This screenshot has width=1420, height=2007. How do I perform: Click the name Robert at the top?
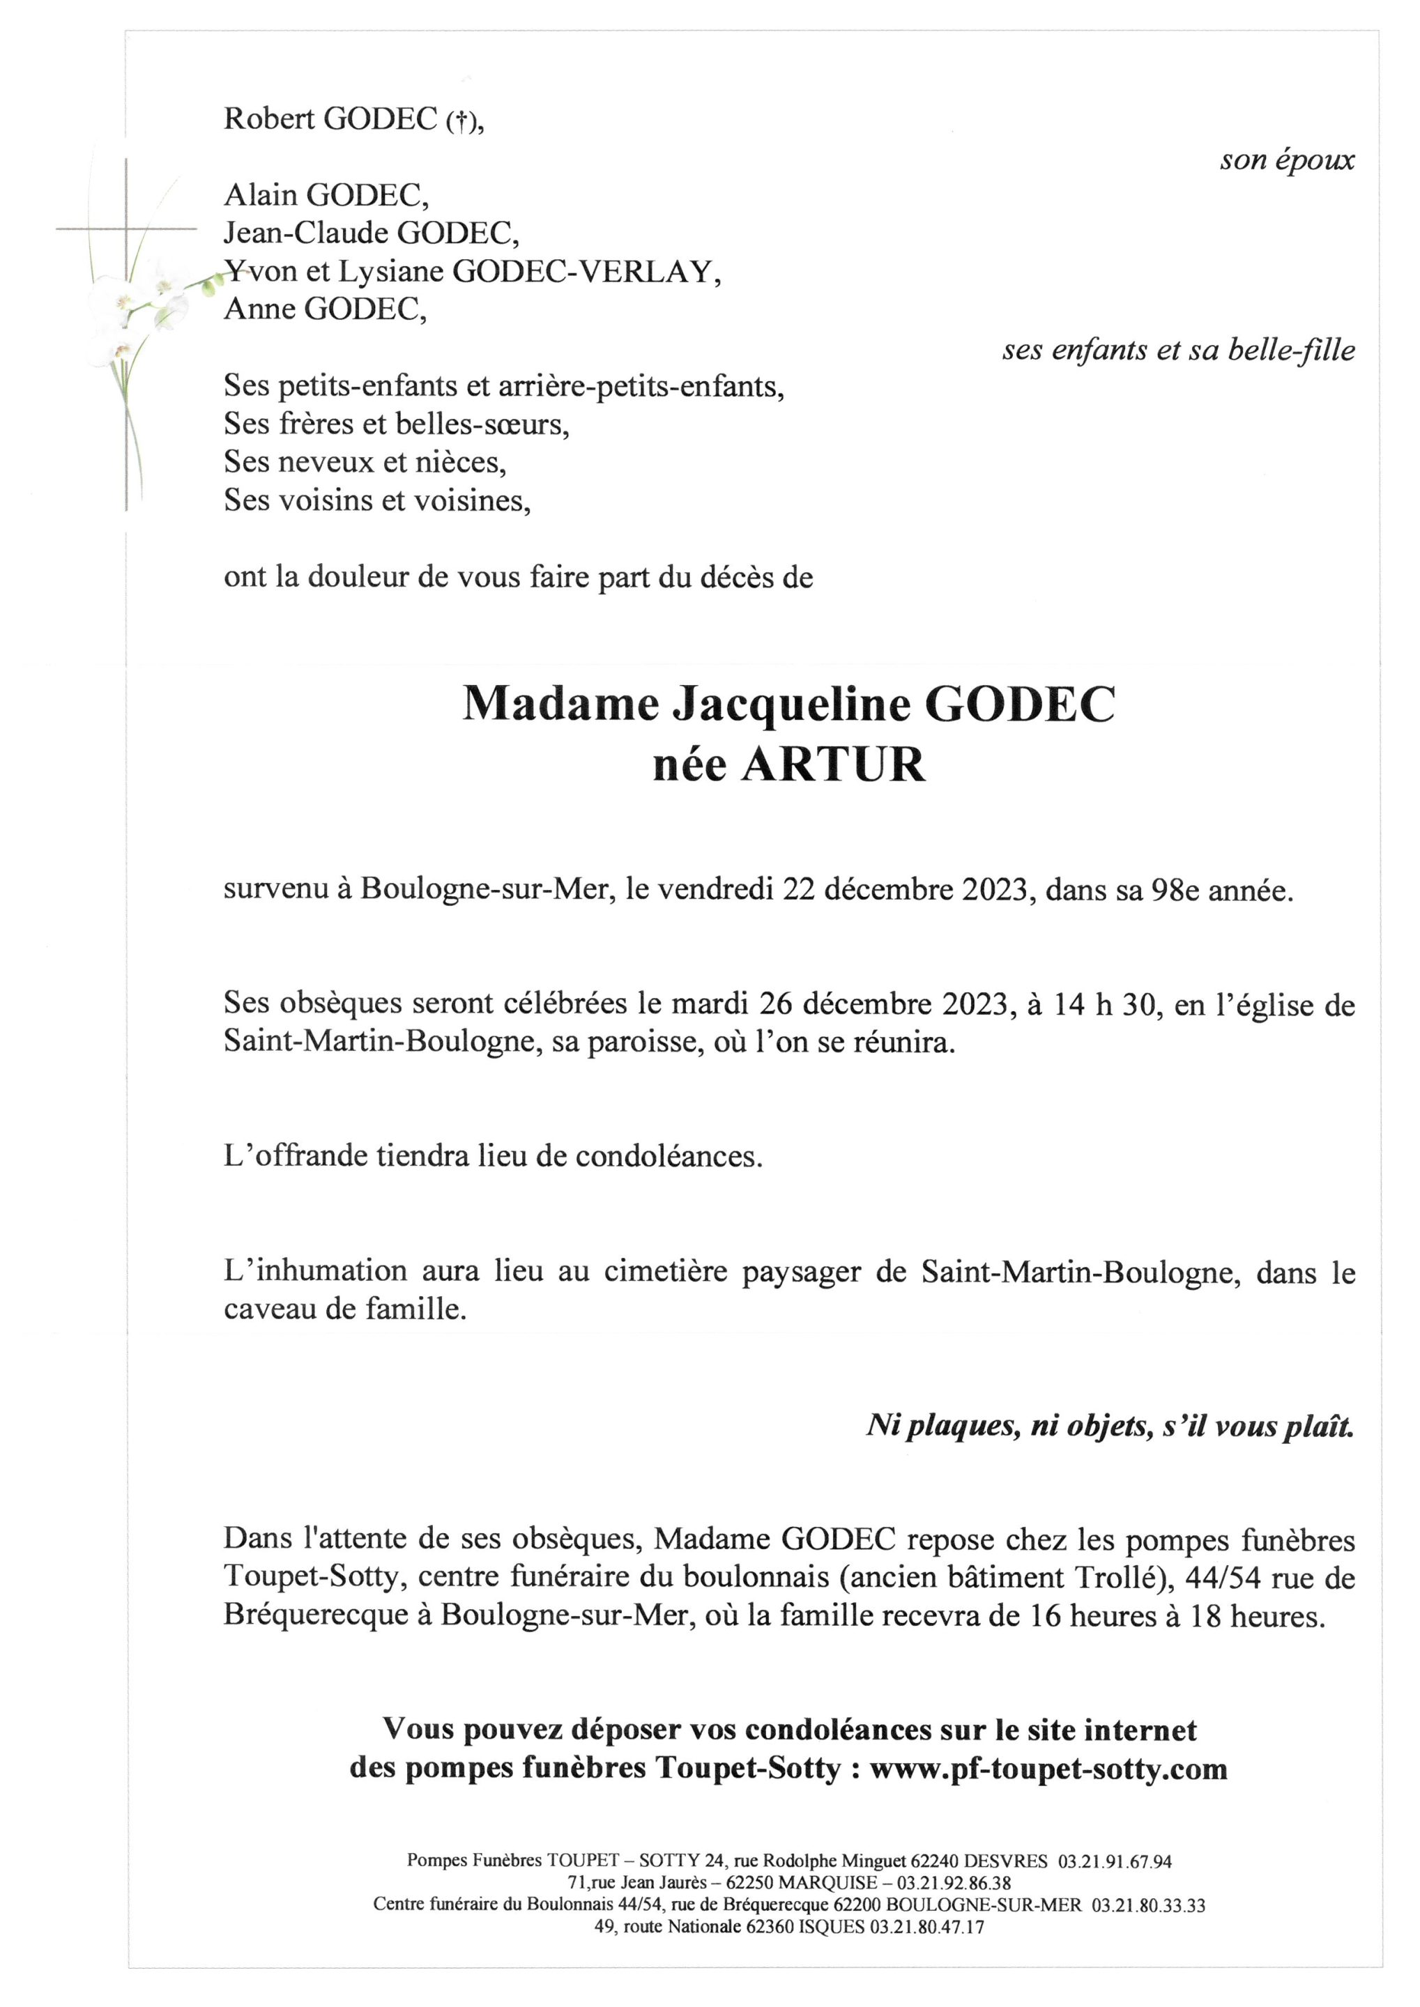269,119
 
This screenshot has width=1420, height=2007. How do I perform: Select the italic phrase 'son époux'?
1287,160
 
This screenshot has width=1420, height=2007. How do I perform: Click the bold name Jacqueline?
791,705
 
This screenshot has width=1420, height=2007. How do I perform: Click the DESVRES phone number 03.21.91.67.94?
1115,1862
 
